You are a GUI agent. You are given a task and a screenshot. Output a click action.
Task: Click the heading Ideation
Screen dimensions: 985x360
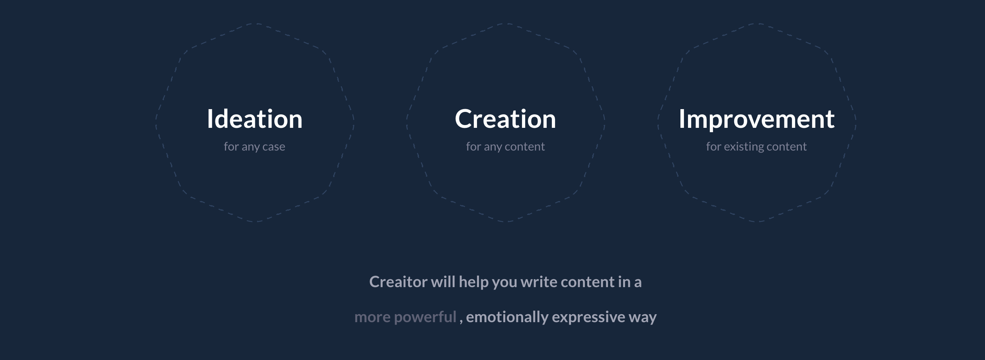coord(255,119)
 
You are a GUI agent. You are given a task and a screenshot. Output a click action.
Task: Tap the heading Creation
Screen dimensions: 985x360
coord(505,119)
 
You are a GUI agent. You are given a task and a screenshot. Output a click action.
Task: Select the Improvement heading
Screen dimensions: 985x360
coord(756,119)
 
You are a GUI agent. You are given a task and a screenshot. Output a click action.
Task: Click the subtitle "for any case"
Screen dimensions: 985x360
coord(254,147)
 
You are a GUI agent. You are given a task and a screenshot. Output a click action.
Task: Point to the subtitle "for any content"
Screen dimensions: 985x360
coord(505,147)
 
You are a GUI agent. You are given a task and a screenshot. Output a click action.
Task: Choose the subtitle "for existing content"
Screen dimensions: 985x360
coord(756,147)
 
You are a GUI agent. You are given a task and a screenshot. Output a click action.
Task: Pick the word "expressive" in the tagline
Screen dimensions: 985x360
coord(588,317)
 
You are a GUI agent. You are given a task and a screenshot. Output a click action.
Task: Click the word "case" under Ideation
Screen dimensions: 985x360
coord(274,147)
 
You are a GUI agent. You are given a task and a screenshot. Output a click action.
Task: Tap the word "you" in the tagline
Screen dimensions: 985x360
coord(504,283)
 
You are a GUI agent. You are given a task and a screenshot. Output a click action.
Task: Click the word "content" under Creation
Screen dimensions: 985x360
coord(525,147)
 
